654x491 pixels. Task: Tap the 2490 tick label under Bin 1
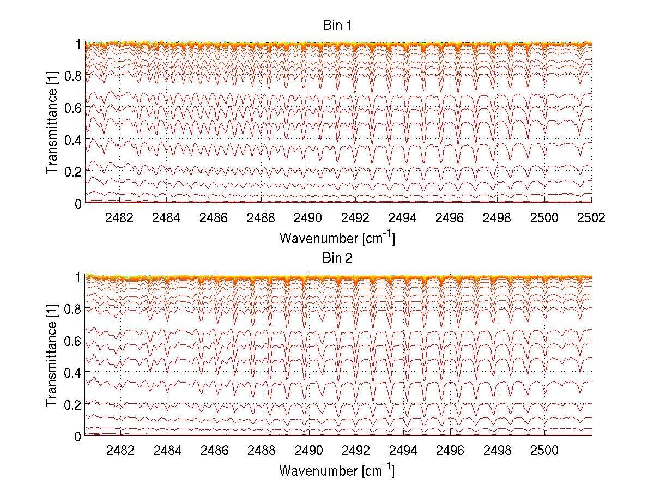pyautogui.click(x=308, y=217)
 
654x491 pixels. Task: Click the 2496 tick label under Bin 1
pyautogui.click(x=450, y=217)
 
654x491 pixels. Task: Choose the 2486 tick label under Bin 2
pyautogui.click(x=214, y=450)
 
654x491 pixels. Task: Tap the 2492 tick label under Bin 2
pyautogui.click(x=355, y=450)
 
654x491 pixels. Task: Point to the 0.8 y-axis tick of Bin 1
pyautogui.click(x=74, y=76)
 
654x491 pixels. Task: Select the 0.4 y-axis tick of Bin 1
pyautogui.click(x=74, y=140)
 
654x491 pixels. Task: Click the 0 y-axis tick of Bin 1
pyautogui.click(x=78, y=203)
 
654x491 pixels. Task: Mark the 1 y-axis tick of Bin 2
pyautogui.click(x=78, y=277)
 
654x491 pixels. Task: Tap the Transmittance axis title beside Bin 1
pyautogui.click(x=52, y=123)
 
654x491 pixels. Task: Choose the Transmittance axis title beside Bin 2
pyautogui.click(x=52, y=356)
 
